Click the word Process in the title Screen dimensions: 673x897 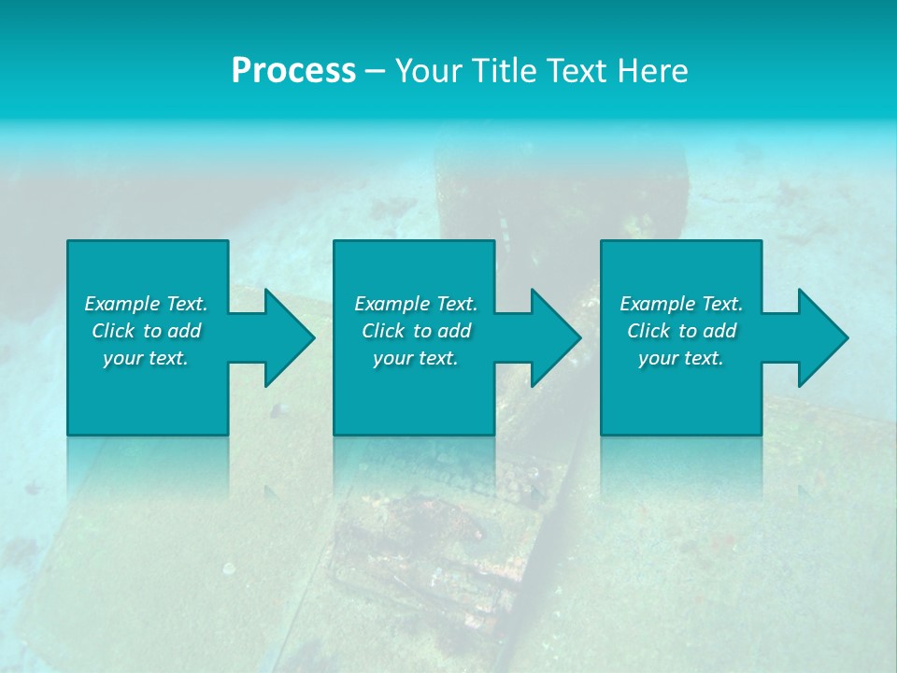pos(293,71)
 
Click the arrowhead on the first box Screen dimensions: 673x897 pos(287,337)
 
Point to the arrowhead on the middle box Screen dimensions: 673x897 pos(553,337)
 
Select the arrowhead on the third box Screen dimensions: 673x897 pos(820,337)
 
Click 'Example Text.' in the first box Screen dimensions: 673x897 pos(146,304)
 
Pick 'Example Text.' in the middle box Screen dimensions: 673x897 pos(416,304)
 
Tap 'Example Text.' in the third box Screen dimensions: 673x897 pos(681,304)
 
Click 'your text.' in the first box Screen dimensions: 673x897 pos(146,358)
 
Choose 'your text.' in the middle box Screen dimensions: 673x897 pos(416,358)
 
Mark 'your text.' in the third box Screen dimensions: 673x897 pos(681,358)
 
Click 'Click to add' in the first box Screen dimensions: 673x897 pos(147,331)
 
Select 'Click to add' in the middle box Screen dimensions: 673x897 pos(417,331)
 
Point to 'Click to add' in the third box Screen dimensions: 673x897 pos(682,331)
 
